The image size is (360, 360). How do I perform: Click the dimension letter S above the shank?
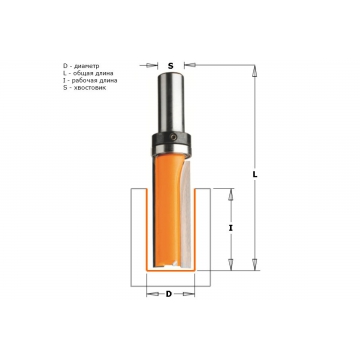(x=170, y=66)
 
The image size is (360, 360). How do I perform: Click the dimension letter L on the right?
(x=255, y=174)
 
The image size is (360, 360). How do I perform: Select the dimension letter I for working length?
(x=231, y=228)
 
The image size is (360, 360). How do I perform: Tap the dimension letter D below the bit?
(x=169, y=294)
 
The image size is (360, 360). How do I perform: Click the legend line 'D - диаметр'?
(x=81, y=66)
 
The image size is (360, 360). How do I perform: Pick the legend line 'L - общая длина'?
(x=88, y=73)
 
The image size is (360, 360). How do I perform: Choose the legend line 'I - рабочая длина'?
(x=90, y=80)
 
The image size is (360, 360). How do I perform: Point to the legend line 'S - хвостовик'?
(x=84, y=88)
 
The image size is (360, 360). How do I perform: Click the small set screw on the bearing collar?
(x=172, y=137)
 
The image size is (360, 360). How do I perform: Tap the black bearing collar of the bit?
(x=171, y=143)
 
